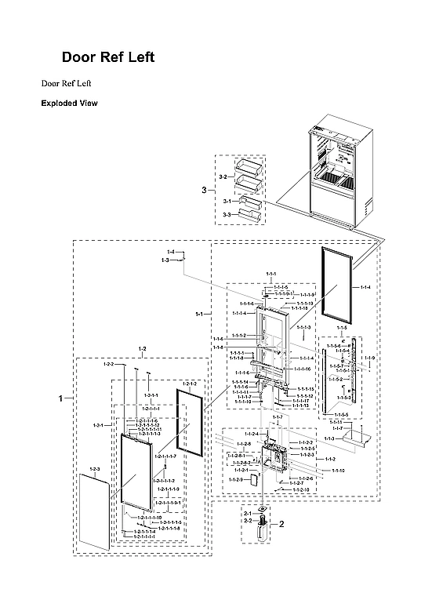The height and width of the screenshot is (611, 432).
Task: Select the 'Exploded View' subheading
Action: tap(69, 104)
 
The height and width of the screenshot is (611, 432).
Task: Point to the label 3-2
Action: tap(223, 177)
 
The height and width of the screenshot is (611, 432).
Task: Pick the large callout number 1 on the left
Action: tap(61, 399)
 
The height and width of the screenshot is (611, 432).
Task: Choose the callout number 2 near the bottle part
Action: tap(281, 522)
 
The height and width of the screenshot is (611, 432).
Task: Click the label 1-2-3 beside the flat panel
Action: tap(95, 470)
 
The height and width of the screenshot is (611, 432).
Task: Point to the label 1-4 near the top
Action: tap(170, 251)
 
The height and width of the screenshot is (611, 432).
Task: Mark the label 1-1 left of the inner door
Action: tap(200, 314)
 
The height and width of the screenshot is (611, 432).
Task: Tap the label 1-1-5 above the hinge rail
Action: tap(341, 327)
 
